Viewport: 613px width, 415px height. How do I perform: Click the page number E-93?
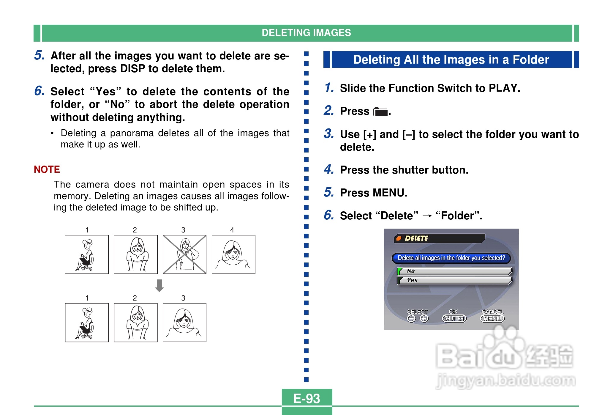(306, 398)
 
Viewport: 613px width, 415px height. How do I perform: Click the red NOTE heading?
(47, 169)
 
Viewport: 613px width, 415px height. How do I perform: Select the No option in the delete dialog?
(454, 271)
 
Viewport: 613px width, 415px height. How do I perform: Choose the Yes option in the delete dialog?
(454, 280)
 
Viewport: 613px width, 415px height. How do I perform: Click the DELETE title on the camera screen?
(416, 238)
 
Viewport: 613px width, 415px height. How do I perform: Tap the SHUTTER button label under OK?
(454, 318)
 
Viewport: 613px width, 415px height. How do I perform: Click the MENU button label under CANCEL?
(492, 318)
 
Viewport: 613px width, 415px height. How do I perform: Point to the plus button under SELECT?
(424, 318)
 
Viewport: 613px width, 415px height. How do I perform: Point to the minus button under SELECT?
(411, 318)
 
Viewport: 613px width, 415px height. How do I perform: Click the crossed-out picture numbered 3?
(184, 254)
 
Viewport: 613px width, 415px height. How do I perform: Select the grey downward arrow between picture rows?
(159, 286)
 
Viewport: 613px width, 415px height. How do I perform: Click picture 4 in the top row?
(233, 254)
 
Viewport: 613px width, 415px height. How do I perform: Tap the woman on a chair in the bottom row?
(87, 323)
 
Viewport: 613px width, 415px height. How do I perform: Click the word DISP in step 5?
(133, 69)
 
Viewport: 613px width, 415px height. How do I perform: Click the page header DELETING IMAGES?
(306, 33)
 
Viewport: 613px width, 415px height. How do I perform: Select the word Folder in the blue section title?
(531, 59)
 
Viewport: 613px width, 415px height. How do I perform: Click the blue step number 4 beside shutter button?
(329, 169)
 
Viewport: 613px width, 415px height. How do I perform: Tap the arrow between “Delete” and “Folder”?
(427, 216)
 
